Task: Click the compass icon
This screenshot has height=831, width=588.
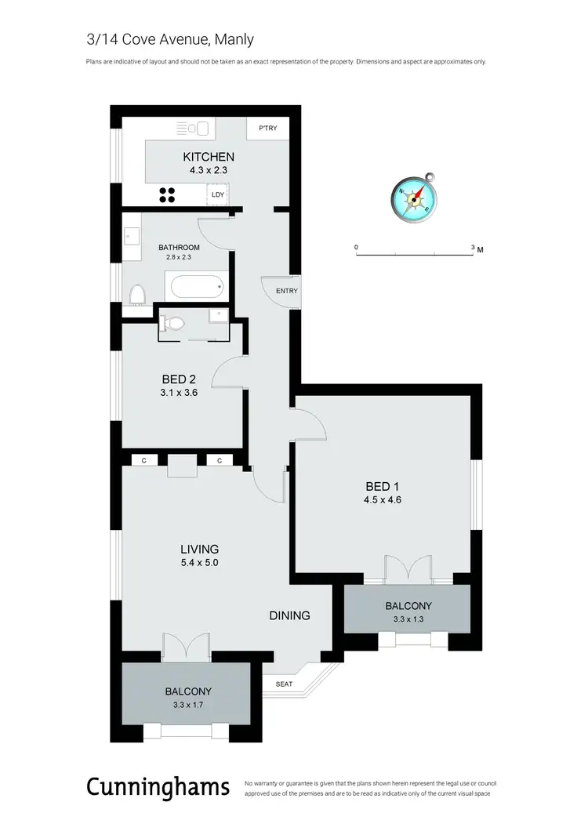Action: [414, 196]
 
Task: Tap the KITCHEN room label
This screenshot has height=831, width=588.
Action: [209, 157]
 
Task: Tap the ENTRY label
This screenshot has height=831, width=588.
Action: [286, 292]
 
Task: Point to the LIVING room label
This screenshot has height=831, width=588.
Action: [200, 549]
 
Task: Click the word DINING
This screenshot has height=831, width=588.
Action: [290, 615]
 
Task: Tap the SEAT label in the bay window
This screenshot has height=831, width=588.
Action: [283, 684]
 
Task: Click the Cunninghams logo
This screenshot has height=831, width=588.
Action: [158, 786]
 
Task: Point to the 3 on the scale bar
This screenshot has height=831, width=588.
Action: [473, 247]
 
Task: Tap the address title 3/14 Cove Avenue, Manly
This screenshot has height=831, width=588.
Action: [170, 39]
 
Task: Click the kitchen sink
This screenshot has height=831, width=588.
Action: [195, 128]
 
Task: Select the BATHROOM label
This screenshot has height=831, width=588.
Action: [179, 248]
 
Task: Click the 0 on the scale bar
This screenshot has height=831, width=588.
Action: [357, 247]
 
